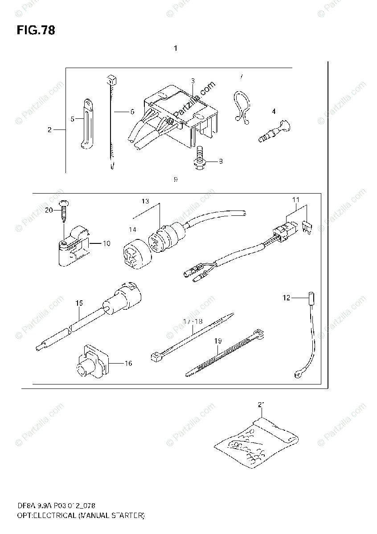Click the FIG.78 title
coord(36,31)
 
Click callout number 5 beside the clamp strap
coord(72,119)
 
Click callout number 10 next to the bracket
coord(106,243)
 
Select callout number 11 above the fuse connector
coord(296,200)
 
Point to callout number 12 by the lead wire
coord(286,297)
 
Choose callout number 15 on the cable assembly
coord(79,303)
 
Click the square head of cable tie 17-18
coord(156,356)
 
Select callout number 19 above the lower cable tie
coord(218,341)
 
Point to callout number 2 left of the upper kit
coord(50,130)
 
